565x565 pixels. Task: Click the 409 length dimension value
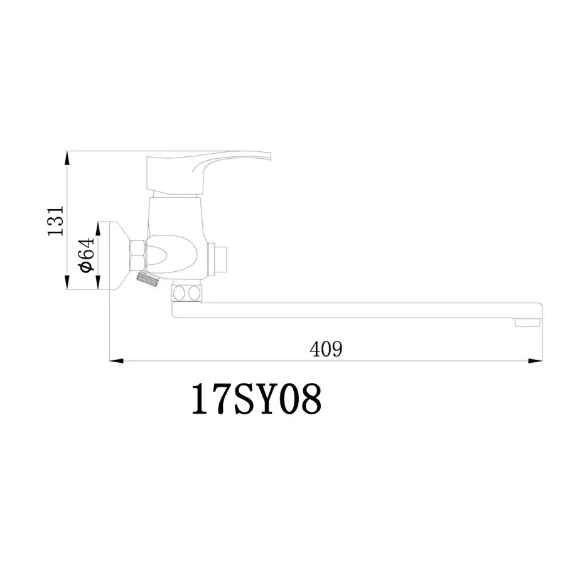pos(326,349)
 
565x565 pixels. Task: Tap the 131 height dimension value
pos(57,220)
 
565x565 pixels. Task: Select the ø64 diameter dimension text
pos(87,255)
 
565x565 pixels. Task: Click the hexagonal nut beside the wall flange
pos(138,254)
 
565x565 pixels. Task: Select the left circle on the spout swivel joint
pos(180,293)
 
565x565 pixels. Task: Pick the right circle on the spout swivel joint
pos(194,293)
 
